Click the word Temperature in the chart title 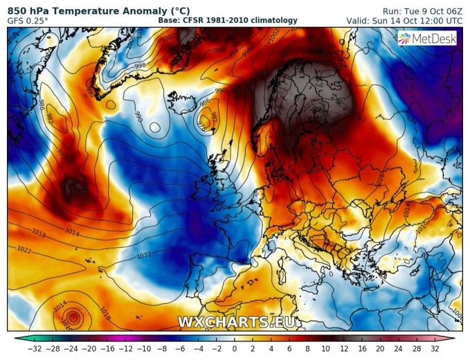pyautogui.click(x=93, y=10)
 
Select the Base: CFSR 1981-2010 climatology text pyautogui.click(x=228, y=20)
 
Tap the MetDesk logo pyautogui.click(x=427, y=39)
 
